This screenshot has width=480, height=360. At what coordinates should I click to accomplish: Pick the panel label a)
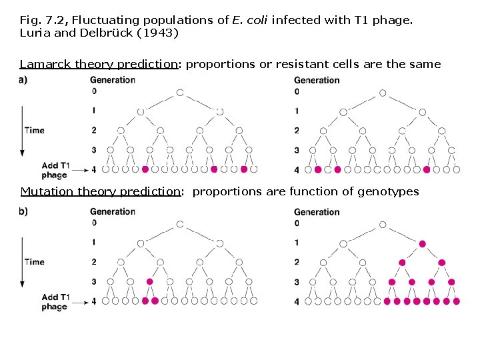click(23, 80)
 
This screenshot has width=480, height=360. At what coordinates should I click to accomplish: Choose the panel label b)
click(23, 211)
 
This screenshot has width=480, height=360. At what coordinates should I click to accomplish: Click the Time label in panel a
click(34, 130)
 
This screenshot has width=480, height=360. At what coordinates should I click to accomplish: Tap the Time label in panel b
click(34, 261)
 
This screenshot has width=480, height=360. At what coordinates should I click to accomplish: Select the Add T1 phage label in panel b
click(55, 301)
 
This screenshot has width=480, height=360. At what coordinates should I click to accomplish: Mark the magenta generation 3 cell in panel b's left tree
click(150, 282)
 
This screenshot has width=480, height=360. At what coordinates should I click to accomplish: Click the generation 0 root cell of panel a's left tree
click(179, 93)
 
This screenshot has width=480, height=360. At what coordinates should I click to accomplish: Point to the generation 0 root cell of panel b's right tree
click(383, 225)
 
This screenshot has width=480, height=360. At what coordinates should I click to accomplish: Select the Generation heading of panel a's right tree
click(317, 80)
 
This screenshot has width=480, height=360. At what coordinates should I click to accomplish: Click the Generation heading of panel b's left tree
click(112, 212)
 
